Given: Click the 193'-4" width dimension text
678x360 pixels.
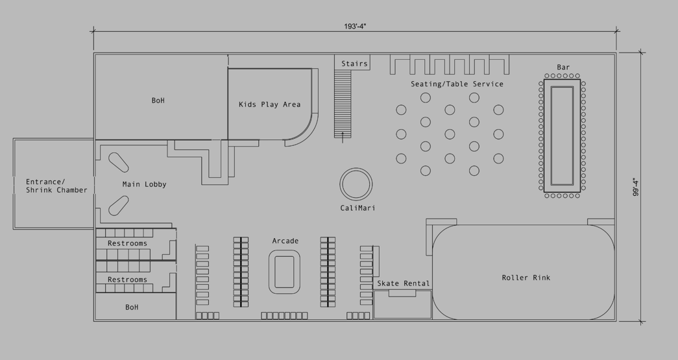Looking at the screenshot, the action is pos(355,26).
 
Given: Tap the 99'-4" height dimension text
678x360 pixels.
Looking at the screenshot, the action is pos(636,187).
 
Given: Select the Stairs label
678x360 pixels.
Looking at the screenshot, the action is pos(354,64).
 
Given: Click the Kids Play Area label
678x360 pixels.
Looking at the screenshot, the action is pos(269,104).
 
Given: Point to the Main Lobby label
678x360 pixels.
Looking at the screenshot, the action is pos(145,184).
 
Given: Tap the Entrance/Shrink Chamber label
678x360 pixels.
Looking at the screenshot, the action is pos(56,186).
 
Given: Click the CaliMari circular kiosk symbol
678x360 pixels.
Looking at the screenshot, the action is pos(356,184).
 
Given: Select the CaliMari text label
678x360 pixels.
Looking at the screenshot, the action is pos(357,208).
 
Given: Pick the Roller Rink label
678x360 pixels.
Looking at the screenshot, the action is pos(526,278).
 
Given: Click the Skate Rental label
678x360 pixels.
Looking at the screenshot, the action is pos(404,283).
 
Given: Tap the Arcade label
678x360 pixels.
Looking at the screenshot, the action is pos(285,241).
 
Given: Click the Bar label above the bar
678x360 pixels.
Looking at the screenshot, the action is pos(563,67).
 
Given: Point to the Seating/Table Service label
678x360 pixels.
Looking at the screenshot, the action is pos(457,84).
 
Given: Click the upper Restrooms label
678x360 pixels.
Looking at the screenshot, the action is pos(127,243).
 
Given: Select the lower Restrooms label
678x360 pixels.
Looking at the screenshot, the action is pos(127,280).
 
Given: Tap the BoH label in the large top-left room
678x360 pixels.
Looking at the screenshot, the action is pos(158,101).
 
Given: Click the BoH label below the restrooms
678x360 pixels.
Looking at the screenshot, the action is pos(132,307).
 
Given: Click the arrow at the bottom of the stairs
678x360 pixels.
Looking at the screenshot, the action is pos(343,138).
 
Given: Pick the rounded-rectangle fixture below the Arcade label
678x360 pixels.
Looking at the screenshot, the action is pos(285,272).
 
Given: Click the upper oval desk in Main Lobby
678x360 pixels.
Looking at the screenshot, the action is pos(118,163).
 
